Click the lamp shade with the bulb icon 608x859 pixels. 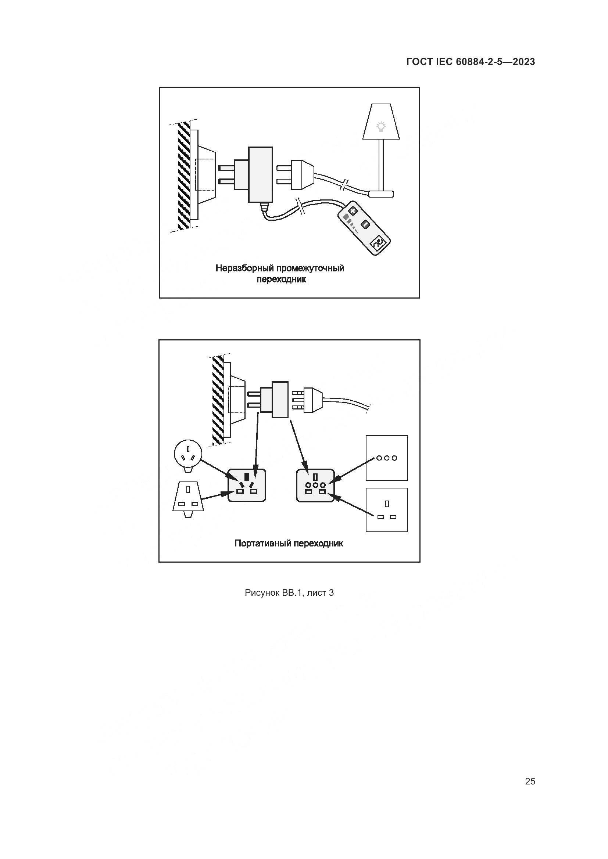(x=381, y=122)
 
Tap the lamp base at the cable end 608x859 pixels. (x=381, y=194)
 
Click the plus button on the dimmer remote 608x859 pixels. (x=352, y=211)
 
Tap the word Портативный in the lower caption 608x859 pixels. (x=262, y=544)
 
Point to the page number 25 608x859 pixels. (x=530, y=781)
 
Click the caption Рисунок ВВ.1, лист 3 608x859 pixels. (x=289, y=593)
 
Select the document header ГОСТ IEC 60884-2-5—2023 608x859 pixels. (x=471, y=62)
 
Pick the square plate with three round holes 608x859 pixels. (x=387, y=458)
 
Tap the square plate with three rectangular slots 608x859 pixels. (x=387, y=510)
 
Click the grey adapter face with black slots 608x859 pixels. (x=247, y=485)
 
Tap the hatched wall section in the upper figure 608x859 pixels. (x=184, y=176)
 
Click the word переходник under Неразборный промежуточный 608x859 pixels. (x=281, y=279)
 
